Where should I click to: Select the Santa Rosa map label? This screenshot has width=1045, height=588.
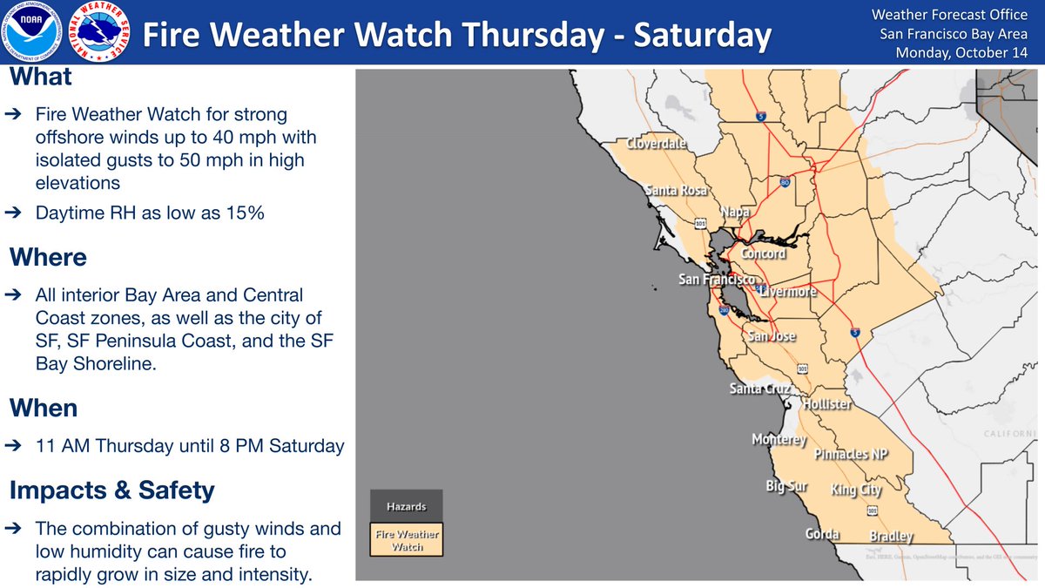(676, 190)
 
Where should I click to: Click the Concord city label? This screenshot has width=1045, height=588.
(763, 254)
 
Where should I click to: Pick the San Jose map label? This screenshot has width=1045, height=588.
(772, 336)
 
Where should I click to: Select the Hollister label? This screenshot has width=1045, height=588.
(827, 405)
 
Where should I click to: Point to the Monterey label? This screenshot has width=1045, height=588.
(779, 440)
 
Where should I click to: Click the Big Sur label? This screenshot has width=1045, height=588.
(787, 485)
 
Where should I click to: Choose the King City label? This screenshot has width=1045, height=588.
(856, 490)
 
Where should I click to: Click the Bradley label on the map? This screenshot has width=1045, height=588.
(891, 537)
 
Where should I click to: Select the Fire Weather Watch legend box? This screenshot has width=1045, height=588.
(407, 539)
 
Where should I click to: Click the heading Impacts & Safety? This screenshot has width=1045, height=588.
(111, 490)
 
